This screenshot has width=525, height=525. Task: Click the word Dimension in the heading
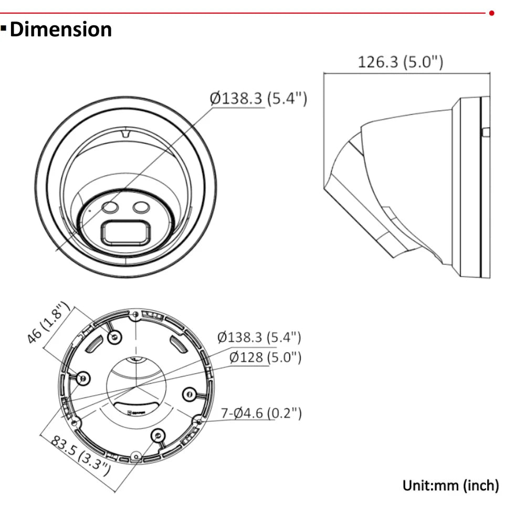pyautogui.click(x=61, y=29)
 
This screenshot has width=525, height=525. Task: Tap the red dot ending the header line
pyautogui.click(x=492, y=12)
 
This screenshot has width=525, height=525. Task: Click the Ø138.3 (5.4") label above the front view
pyautogui.click(x=258, y=98)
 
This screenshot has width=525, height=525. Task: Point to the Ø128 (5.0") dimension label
pyautogui.click(x=265, y=358)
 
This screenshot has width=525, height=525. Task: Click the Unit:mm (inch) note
pyautogui.click(x=450, y=485)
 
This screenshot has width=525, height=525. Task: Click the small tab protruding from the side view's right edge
pyautogui.click(x=486, y=131)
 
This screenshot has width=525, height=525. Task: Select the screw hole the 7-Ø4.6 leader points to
pyautogui.click(x=198, y=420)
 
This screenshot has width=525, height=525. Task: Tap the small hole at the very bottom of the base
pyautogui.click(x=136, y=457)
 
